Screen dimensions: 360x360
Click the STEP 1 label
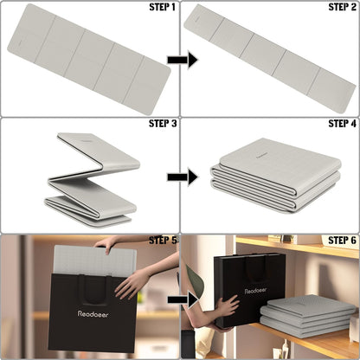(162, 7)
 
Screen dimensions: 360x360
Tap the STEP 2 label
(343, 7)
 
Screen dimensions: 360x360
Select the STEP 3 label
(163, 124)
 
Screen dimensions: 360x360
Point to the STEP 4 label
(343, 124)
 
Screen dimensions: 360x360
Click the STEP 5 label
(163, 240)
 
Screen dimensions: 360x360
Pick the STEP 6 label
(343, 240)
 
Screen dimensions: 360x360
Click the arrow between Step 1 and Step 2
(183, 60)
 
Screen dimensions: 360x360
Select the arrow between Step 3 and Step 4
(183, 177)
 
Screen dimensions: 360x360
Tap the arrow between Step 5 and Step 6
(183, 300)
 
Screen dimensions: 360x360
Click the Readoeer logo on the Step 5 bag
(93, 314)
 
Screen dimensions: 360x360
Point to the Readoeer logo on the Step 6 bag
(255, 291)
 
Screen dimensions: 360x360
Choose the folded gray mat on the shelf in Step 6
(307, 317)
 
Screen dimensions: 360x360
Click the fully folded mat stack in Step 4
(275, 176)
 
